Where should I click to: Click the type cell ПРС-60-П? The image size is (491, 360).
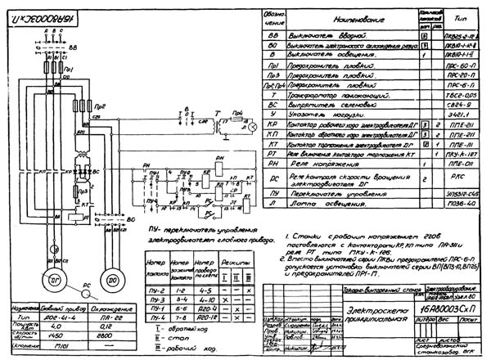coord(463,61)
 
